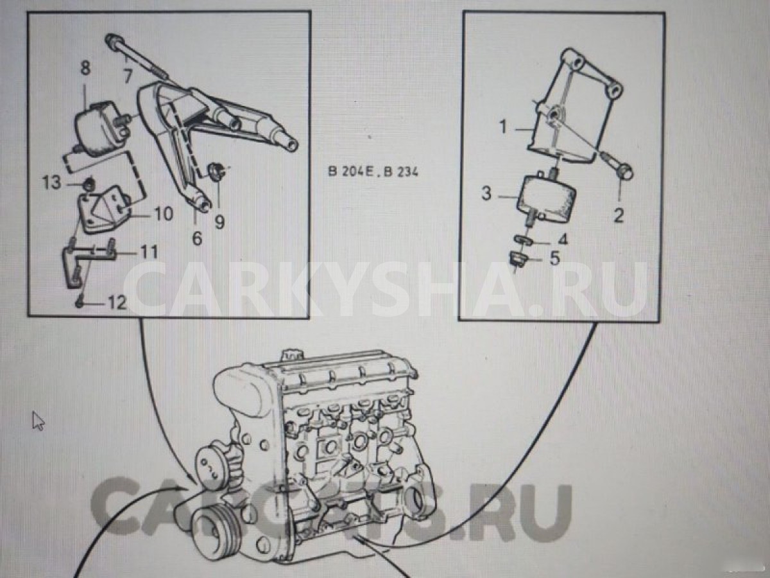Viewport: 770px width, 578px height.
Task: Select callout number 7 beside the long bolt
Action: click(127, 77)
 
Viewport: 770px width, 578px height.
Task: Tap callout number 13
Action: click(52, 183)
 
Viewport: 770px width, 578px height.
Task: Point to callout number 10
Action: click(164, 213)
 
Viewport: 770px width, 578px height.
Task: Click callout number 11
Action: click(149, 252)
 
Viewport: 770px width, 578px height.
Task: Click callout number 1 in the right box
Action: click(503, 127)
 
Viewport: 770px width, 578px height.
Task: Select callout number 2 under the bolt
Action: click(618, 215)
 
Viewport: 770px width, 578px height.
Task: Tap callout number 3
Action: click(486, 193)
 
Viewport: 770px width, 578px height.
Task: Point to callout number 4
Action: click(562, 241)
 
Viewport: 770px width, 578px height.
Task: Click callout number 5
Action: click(554, 259)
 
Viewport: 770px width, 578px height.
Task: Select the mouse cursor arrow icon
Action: click(38, 421)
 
